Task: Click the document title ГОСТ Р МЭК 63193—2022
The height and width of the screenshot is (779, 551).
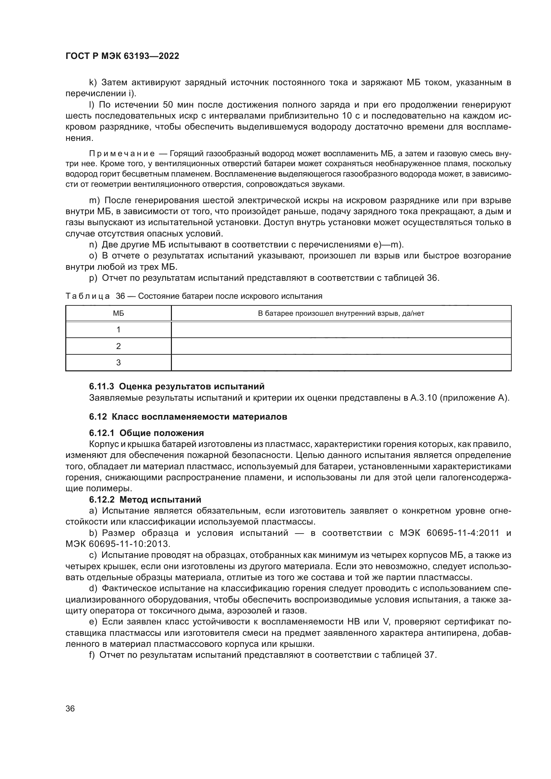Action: pos(122,56)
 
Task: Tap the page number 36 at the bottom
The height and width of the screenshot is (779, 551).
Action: pos(70,708)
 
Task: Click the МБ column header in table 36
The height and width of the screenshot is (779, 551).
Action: pos(118,313)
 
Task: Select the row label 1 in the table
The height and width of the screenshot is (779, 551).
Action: pos(118,329)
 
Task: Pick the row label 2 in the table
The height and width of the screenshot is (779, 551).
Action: pos(118,346)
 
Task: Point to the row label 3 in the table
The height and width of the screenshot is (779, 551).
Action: pos(118,363)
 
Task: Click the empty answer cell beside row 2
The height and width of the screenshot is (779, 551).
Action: pos(341,346)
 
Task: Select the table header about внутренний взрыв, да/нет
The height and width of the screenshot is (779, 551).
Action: pos(341,313)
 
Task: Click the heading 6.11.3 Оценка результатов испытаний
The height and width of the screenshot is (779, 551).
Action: pos(177,386)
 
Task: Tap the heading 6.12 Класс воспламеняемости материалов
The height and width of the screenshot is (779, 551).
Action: pos(188,417)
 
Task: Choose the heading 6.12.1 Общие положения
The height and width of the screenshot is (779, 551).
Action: pos(147,433)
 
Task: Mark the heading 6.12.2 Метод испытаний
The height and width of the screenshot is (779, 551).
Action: pos(145,500)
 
